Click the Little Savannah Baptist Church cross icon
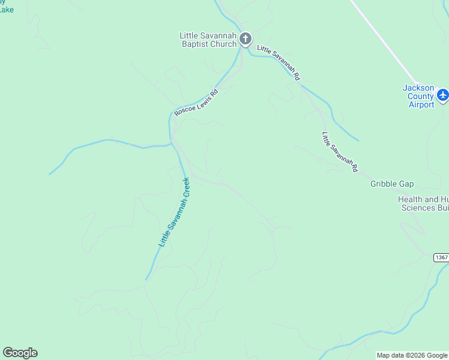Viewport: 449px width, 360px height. [245, 40]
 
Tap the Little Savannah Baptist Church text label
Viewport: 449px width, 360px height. [208, 40]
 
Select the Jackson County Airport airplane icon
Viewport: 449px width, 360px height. [442, 95]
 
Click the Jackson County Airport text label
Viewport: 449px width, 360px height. [418, 96]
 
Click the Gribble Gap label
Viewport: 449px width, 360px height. [392, 184]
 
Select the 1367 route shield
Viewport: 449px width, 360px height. [441, 257]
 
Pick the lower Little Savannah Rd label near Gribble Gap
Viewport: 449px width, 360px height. [339, 152]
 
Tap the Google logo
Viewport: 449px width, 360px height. [20, 353]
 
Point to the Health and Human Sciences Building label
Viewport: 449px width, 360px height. [423, 203]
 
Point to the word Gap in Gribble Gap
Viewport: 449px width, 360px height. [406, 184]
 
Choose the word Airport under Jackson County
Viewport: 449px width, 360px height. [421, 104]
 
